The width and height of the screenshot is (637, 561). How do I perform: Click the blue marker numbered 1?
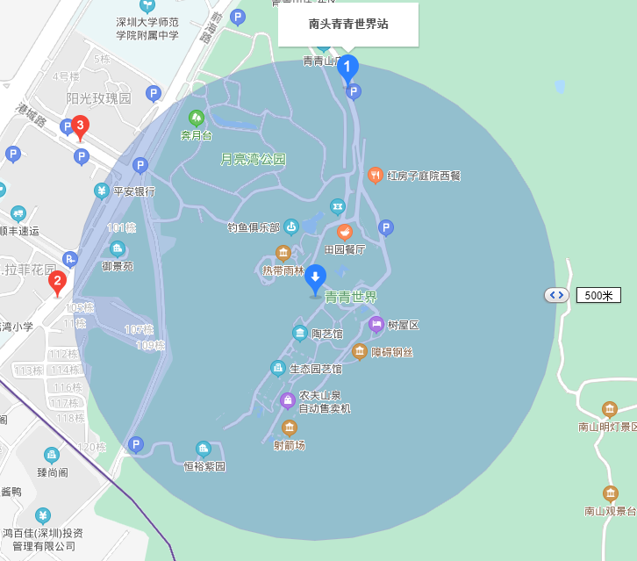(348, 67)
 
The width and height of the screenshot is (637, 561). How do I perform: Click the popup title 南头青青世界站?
(348, 25)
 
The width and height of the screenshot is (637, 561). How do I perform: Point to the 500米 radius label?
(598, 295)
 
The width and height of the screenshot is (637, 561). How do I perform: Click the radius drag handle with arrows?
(557, 295)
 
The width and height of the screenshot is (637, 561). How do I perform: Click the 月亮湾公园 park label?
(253, 160)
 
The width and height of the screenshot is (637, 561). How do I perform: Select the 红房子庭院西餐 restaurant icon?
(375, 175)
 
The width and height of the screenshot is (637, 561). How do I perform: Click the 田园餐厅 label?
(345, 250)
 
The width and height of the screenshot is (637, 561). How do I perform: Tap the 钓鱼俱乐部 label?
(254, 227)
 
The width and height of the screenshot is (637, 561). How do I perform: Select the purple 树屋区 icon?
(376, 324)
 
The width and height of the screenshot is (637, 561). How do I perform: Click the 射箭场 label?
(289, 445)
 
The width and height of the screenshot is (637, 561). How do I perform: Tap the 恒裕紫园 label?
(204, 466)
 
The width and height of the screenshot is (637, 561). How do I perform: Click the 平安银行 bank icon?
(102, 191)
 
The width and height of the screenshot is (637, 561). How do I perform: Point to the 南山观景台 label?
(610, 511)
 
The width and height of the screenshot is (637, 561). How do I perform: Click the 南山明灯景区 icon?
(609, 409)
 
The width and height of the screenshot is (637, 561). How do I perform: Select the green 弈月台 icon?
(197, 117)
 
